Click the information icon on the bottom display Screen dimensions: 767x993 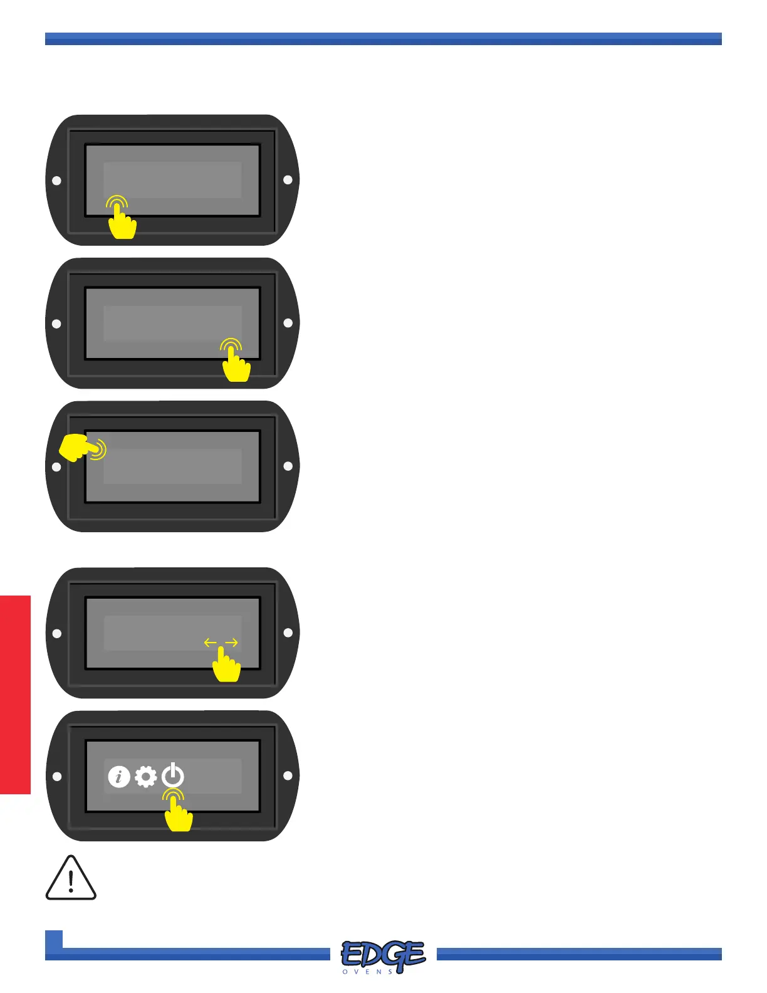tap(119, 777)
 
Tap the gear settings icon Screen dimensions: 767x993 tap(146, 777)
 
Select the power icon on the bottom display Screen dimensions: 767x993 tap(173, 776)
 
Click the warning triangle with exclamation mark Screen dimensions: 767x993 tap(71, 879)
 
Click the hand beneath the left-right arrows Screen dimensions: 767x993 tap(226, 666)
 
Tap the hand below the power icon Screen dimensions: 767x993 tap(178, 814)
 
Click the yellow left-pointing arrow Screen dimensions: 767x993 tap(211, 643)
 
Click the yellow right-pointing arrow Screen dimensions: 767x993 tap(232, 643)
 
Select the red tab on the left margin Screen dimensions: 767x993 tap(15, 695)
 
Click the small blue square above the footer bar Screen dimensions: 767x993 tap(54, 939)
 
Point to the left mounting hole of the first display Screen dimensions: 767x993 tap(56, 181)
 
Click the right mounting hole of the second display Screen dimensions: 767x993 tap(288, 323)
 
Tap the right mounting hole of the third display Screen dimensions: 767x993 tap(288, 466)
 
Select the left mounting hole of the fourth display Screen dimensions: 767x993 tap(56, 633)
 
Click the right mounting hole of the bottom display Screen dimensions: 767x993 tap(288, 775)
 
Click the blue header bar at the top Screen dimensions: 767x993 tap(383, 39)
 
